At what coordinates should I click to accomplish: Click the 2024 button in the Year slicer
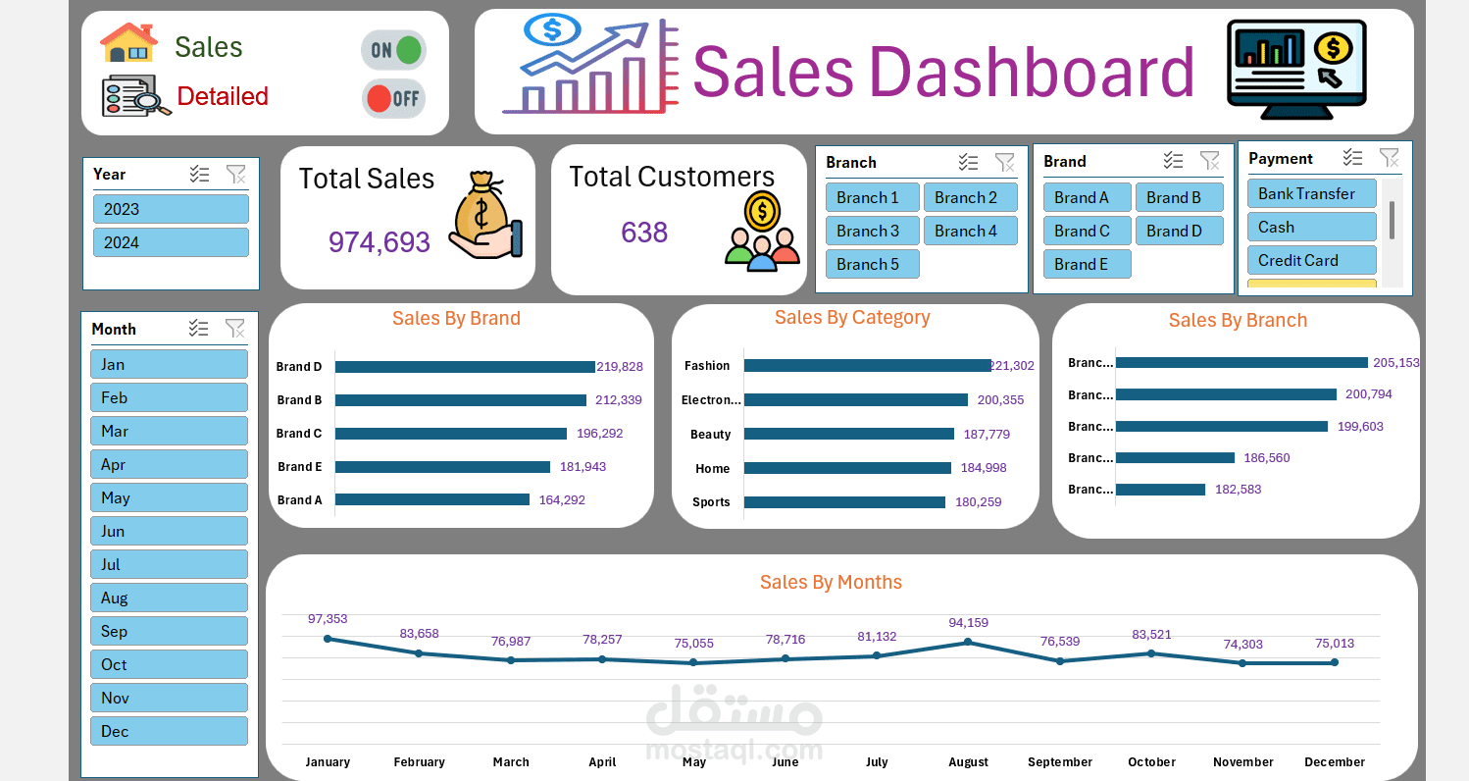(171, 242)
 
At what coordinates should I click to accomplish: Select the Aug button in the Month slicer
(169, 598)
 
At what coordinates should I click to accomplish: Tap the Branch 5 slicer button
(872, 264)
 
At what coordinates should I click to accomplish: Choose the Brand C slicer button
(1087, 231)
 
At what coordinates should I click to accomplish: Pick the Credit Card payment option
(1311, 260)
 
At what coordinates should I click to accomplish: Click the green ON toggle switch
(393, 49)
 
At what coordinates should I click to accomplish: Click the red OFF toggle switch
(393, 98)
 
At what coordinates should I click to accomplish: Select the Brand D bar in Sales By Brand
(465, 367)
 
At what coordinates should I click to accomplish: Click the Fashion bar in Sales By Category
(867, 366)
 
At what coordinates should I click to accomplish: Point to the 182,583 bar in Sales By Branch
(1160, 490)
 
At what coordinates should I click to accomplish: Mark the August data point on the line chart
(968, 642)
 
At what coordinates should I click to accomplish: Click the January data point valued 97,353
(328, 639)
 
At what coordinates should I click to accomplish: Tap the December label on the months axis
(1334, 762)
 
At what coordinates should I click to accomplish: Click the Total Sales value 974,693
(380, 242)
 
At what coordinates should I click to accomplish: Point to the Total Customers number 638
(644, 233)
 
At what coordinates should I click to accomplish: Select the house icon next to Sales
(128, 43)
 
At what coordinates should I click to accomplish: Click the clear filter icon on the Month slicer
(235, 329)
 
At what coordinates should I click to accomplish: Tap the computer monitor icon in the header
(1295, 70)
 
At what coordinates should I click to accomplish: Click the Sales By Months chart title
(831, 583)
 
